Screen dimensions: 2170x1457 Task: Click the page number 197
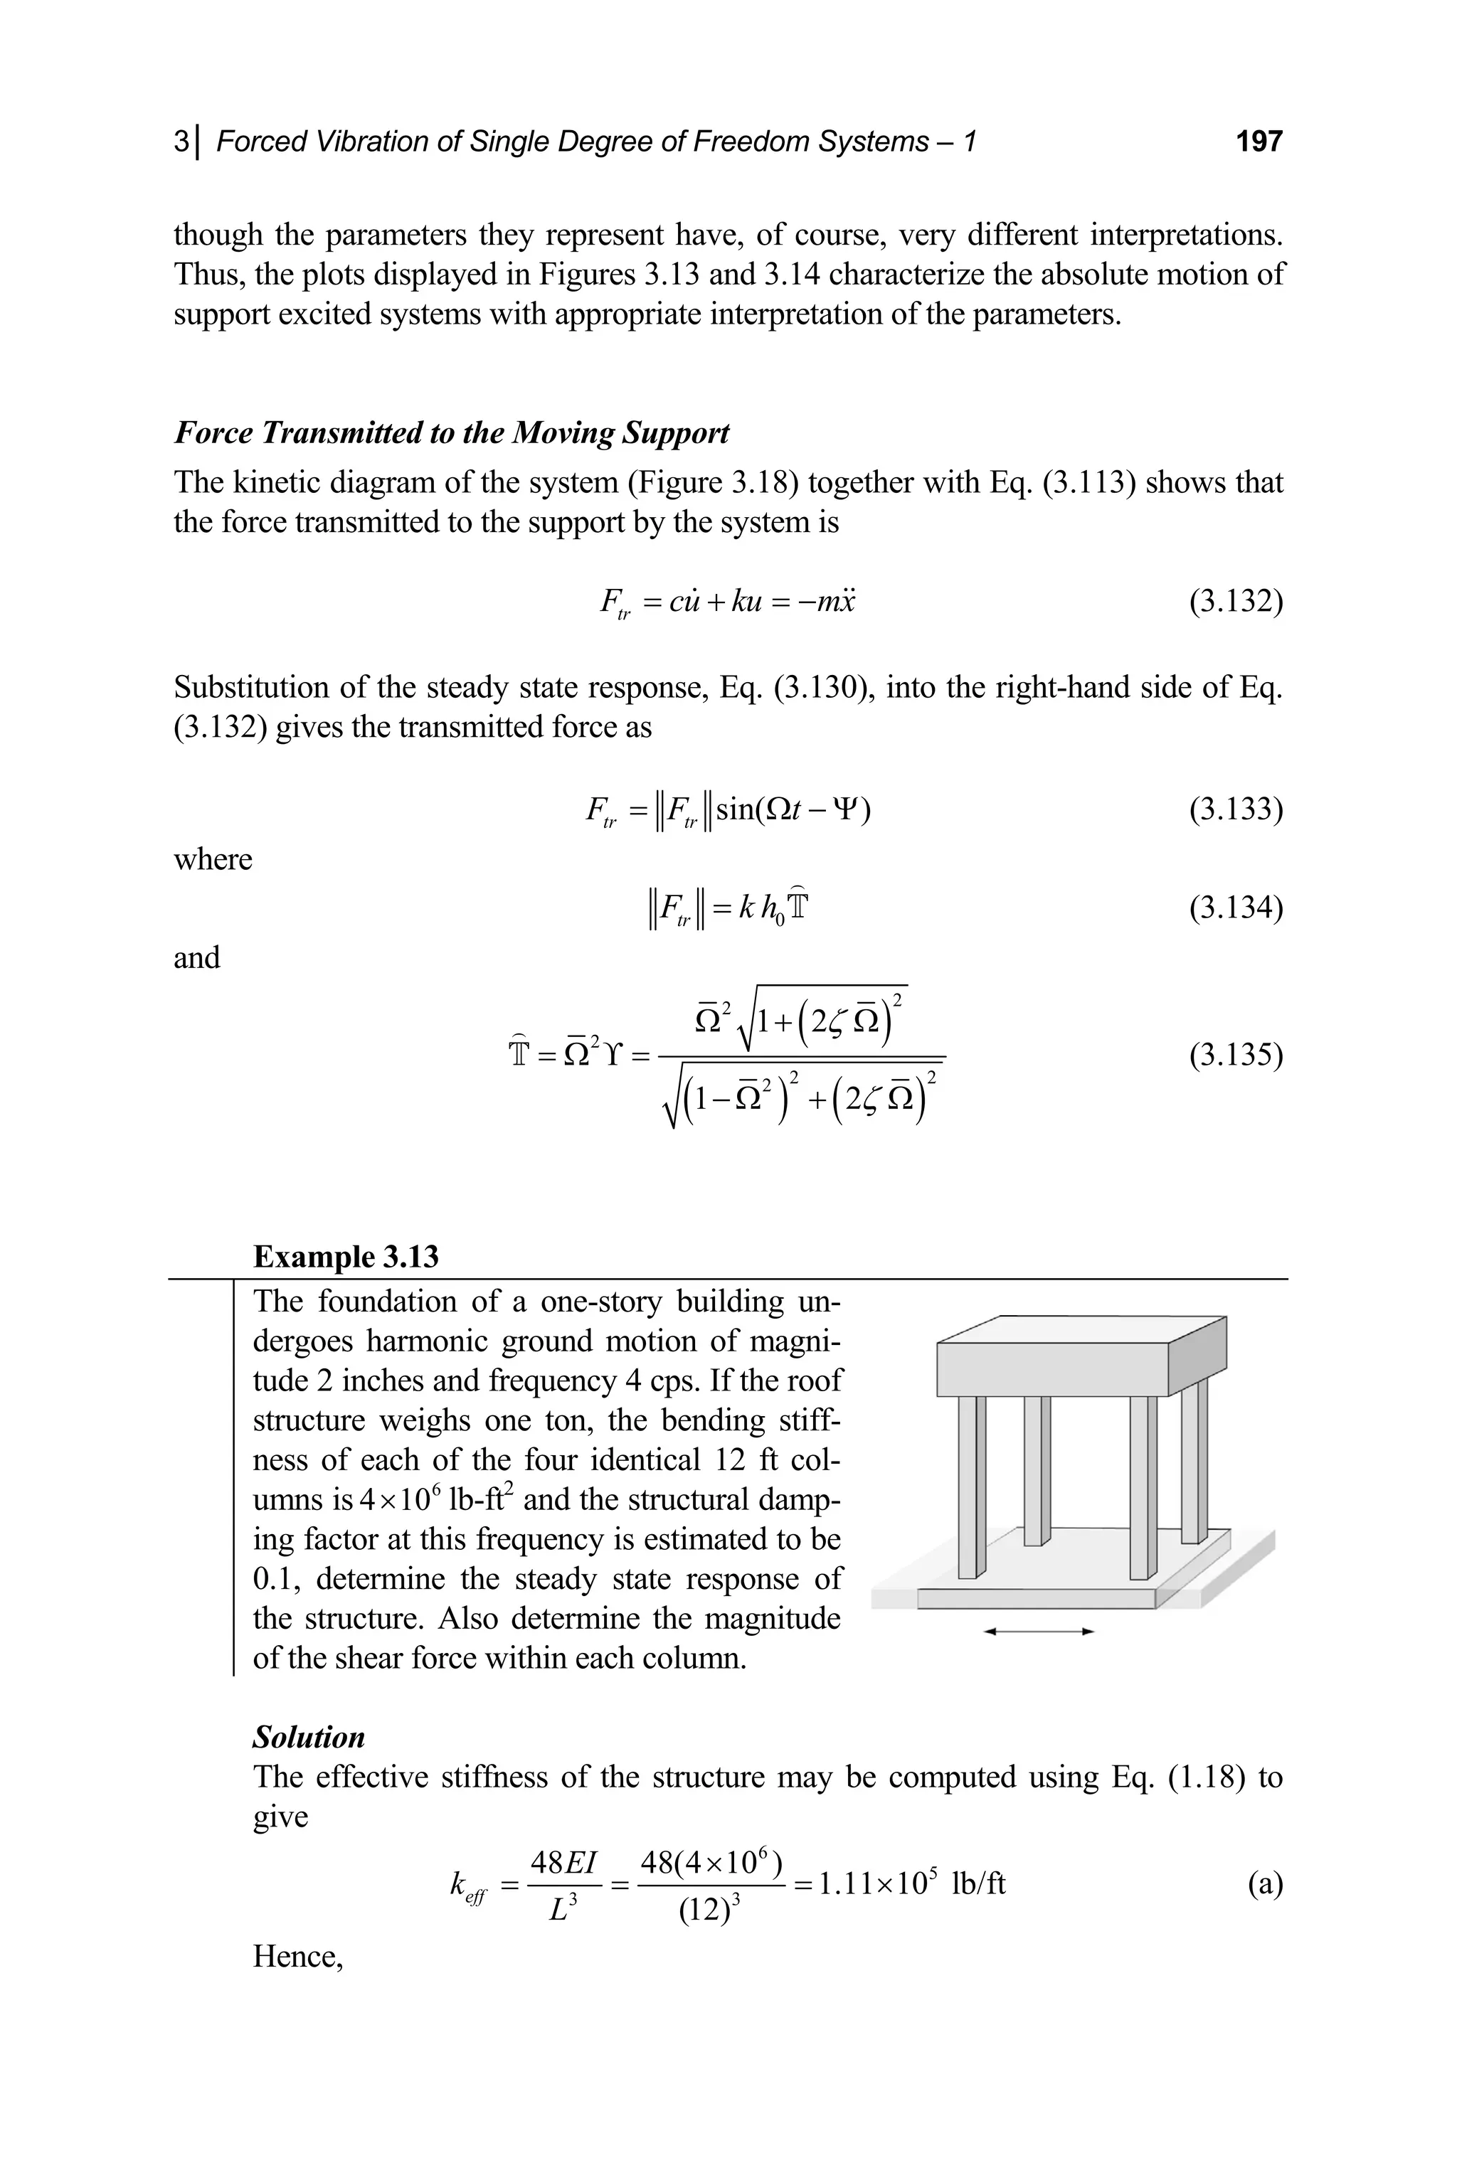pyautogui.click(x=1259, y=142)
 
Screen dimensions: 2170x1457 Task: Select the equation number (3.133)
pyautogui.click(x=1236, y=809)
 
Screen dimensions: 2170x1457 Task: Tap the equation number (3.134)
pyautogui.click(x=1236, y=908)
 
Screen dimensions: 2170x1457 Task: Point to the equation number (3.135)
pyautogui.click(x=1236, y=1055)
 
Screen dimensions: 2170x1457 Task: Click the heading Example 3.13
pyautogui.click(x=346, y=1257)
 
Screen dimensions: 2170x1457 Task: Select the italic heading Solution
pyautogui.click(x=309, y=1737)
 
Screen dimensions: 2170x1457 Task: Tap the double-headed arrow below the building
pyautogui.click(x=1039, y=1631)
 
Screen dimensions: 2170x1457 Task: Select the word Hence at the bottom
pyautogui.click(x=297, y=1957)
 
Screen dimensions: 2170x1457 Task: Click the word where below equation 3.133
pyautogui.click(x=213, y=859)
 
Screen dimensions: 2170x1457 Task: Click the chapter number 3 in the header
pyautogui.click(x=180, y=142)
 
